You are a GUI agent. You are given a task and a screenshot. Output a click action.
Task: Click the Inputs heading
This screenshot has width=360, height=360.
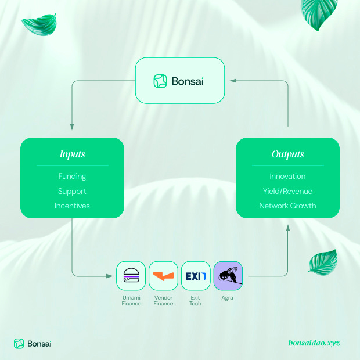coord(72,154)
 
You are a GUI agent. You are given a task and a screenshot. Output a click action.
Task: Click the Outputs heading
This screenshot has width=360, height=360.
coord(287,154)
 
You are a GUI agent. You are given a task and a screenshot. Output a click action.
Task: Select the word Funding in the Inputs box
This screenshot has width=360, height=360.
coord(72,176)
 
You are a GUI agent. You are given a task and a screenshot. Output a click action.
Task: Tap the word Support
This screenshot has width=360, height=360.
coord(72,191)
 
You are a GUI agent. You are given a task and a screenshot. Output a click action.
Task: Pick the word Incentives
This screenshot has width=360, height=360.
coord(72,206)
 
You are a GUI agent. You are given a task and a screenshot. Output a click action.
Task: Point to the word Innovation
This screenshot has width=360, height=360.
coord(287,176)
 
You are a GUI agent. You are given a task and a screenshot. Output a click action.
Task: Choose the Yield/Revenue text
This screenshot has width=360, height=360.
coord(287,191)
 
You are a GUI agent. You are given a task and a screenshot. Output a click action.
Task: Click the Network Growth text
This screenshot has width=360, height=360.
coord(287,206)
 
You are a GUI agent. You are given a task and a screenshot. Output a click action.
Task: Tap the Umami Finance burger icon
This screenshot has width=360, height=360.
coord(131,276)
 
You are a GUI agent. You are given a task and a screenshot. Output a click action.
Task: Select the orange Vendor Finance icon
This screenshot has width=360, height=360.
coord(163,276)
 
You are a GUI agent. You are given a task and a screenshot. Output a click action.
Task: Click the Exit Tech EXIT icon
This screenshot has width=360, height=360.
coord(196,276)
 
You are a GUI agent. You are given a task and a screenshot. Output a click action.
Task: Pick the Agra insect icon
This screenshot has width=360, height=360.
coord(228,276)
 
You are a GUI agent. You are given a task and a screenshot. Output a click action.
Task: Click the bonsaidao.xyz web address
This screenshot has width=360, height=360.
coord(314,343)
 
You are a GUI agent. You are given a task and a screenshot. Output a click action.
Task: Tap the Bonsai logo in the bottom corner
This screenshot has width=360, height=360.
coord(33,343)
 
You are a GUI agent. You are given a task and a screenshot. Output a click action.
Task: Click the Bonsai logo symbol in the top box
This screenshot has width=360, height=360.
coord(160,81)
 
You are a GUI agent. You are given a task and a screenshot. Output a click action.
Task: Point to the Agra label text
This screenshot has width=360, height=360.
coord(228,298)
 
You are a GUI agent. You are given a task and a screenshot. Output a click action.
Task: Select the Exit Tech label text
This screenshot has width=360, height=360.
coord(196,300)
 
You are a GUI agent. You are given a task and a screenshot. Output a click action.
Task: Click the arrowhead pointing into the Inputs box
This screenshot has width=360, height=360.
coord(72,127)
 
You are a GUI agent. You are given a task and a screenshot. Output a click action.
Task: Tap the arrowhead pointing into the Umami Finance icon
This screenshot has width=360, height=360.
coord(110,276)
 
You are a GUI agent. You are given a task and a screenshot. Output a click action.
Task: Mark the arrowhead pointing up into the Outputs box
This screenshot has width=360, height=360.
coord(288,228)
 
